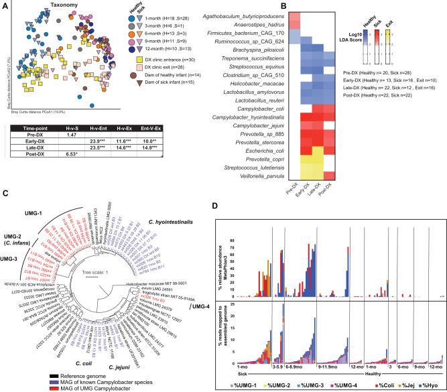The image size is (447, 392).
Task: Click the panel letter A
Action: point(5,5)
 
